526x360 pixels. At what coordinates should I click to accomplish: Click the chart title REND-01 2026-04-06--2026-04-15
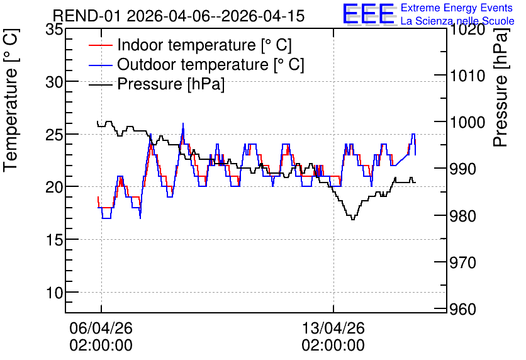tap(179, 16)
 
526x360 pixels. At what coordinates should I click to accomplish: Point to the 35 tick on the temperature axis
tap(54, 30)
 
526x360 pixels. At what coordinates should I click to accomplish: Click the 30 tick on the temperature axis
tap(54, 82)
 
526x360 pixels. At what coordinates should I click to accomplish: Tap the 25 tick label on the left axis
tap(54, 134)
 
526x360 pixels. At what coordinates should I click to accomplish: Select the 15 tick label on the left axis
tap(54, 240)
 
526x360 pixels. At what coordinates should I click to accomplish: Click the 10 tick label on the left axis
tap(54, 292)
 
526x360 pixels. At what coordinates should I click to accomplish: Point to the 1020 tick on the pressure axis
tap(467, 30)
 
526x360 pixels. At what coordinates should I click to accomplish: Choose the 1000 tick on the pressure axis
tap(467, 123)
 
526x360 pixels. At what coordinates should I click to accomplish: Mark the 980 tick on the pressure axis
tap(463, 216)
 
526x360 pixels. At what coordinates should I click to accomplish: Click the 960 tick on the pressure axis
tap(463, 309)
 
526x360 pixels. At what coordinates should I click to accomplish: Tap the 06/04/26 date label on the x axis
tap(101, 328)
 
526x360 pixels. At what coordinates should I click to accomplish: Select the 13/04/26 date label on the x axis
tap(333, 328)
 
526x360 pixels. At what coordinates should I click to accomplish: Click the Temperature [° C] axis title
tap(11, 101)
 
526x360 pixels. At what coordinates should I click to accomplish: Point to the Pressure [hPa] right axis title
tap(501, 87)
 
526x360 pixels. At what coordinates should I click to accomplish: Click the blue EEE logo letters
tap(368, 14)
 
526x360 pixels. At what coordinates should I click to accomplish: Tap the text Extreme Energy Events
tap(457, 8)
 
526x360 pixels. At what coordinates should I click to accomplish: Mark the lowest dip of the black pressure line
tap(352, 220)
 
